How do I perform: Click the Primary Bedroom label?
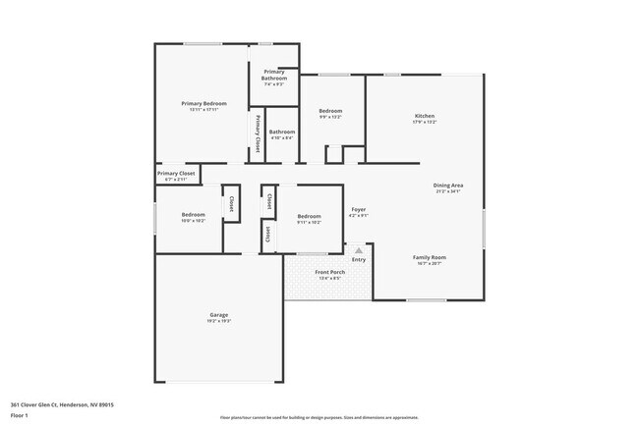[x=203, y=103]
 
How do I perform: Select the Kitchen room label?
[x=425, y=116]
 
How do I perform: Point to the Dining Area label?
[x=448, y=185]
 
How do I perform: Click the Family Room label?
[x=429, y=257]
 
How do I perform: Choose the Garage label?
[x=218, y=314]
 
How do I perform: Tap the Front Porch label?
[x=329, y=271]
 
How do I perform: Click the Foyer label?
[x=359, y=209]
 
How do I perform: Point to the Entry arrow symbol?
[x=359, y=250]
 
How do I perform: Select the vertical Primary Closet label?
[x=258, y=134]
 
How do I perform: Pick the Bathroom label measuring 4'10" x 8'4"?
[x=282, y=132]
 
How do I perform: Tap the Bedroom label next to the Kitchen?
[x=330, y=111]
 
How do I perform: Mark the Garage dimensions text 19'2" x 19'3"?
[x=218, y=321]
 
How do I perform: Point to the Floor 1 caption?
[x=20, y=414]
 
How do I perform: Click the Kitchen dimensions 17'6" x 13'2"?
[x=425, y=123]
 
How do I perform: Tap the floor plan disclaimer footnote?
[x=319, y=417]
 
